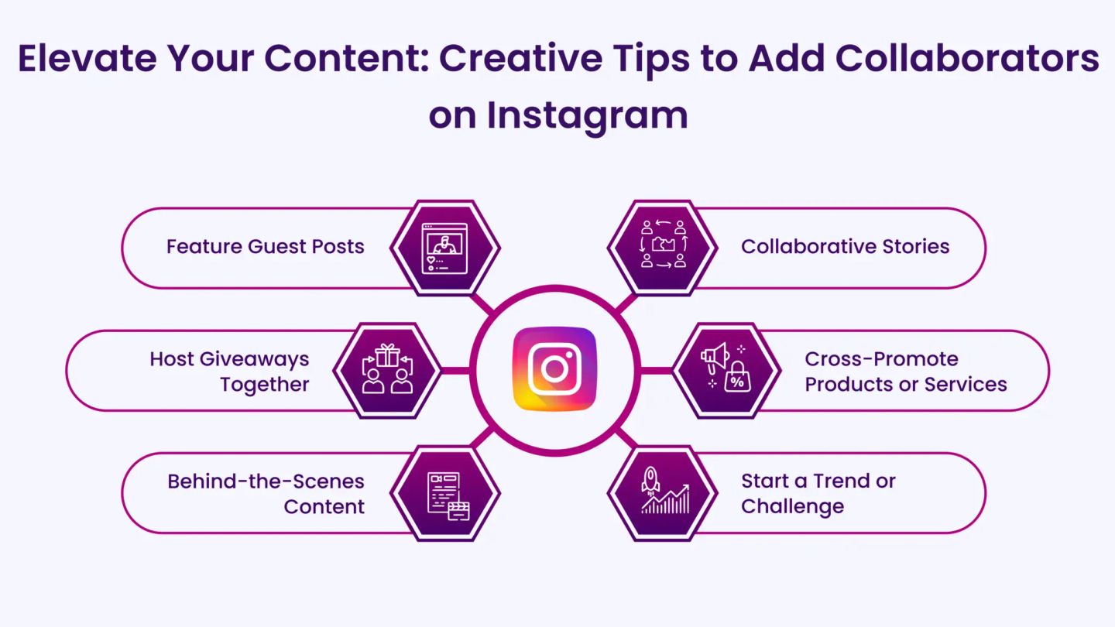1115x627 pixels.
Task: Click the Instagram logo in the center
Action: click(554, 369)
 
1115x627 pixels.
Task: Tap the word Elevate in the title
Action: click(87, 58)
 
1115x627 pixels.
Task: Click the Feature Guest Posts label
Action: click(266, 246)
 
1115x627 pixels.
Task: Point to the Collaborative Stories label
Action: click(846, 246)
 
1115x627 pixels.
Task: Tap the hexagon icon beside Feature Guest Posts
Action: click(445, 248)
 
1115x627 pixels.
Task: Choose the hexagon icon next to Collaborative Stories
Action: click(663, 248)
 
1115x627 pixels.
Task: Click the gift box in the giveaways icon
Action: click(387, 355)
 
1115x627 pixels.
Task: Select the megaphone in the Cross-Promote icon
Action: click(715, 357)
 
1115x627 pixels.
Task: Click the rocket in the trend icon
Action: click(650, 480)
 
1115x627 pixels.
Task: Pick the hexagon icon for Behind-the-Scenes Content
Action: click(445, 493)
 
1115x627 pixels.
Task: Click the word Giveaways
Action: click(254, 360)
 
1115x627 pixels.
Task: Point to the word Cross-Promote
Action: click(881, 359)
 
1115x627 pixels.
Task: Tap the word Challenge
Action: click(792, 507)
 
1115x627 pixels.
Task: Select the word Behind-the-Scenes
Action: click(266, 481)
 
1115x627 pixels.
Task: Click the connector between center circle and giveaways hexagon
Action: click(455, 371)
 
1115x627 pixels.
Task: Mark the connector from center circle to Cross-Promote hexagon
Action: click(656, 371)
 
